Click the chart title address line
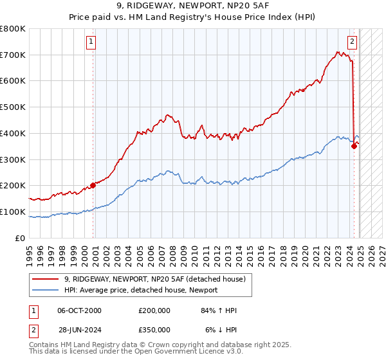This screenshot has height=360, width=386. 192,6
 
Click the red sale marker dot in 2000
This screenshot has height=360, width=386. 93,185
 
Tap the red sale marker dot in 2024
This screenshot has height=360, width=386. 354,146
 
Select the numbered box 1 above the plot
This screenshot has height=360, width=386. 91,42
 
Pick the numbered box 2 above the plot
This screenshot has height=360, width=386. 353,42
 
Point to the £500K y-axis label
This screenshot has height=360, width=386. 13,107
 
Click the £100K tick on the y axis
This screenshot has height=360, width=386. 13,212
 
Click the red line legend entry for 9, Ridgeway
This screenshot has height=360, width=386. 155,280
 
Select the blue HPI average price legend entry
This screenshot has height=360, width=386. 141,291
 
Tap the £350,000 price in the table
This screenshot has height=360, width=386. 154,330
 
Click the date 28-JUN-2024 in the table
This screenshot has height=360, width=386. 79,330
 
